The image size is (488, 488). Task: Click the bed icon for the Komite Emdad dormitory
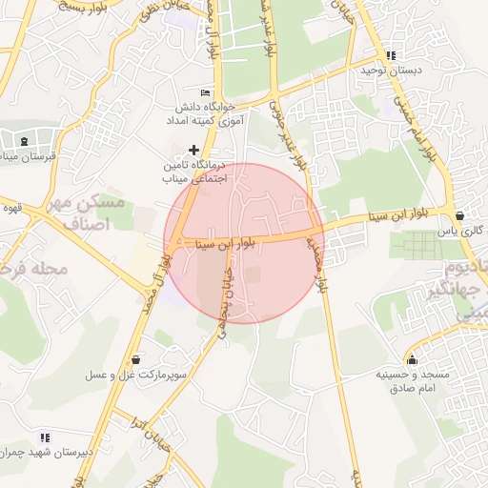tap(205, 91)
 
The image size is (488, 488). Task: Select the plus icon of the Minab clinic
tap(194, 150)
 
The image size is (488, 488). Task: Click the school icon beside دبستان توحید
tap(391, 56)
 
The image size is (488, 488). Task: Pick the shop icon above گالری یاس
tap(460, 216)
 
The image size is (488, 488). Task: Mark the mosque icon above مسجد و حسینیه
tap(412, 359)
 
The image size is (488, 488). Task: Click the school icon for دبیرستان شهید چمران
tap(45, 437)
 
